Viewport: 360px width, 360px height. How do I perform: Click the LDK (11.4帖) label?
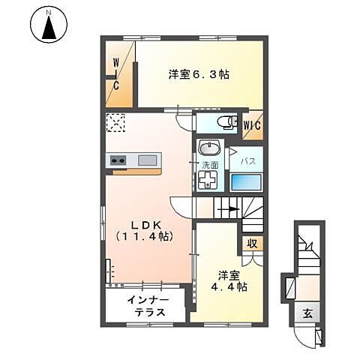pos(145,229)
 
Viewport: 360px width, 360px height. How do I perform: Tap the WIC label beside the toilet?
pos(252,125)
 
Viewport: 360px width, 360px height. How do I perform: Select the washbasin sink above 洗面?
pos(208,148)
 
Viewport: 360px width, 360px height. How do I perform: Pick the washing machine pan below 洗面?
pos(208,181)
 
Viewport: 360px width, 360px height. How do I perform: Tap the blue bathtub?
pos(247,182)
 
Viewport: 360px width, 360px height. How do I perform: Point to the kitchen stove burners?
pos(117,159)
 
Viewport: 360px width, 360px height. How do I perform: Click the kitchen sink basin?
pos(148,159)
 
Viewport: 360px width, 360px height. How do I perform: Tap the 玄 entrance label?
pos(307,313)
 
